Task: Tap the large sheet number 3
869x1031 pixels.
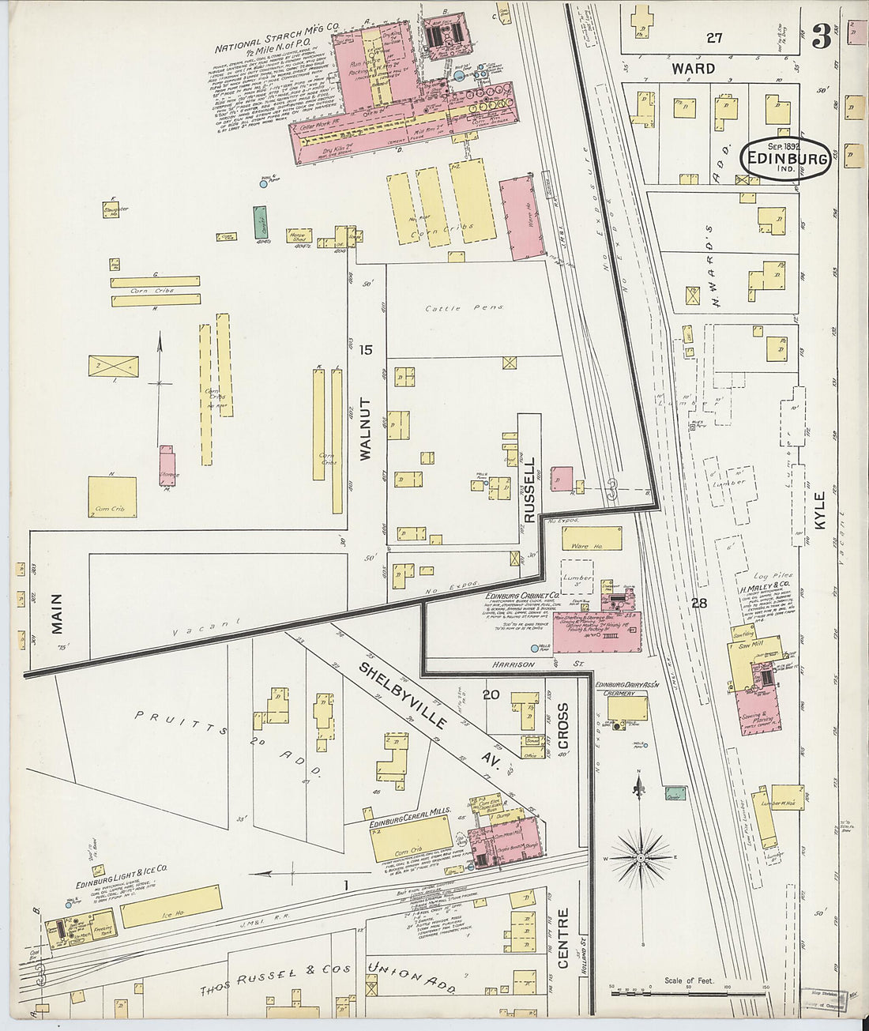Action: pyautogui.click(x=822, y=36)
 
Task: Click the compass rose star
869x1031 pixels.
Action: pyautogui.click(x=641, y=856)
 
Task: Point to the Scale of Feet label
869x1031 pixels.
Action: pyautogui.click(x=688, y=980)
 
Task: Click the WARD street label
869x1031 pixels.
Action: pyautogui.click(x=693, y=69)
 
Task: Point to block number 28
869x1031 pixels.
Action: pyautogui.click(x=698, y=604)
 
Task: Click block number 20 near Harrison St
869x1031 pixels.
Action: pyautogui.click(x=491, y=694)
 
